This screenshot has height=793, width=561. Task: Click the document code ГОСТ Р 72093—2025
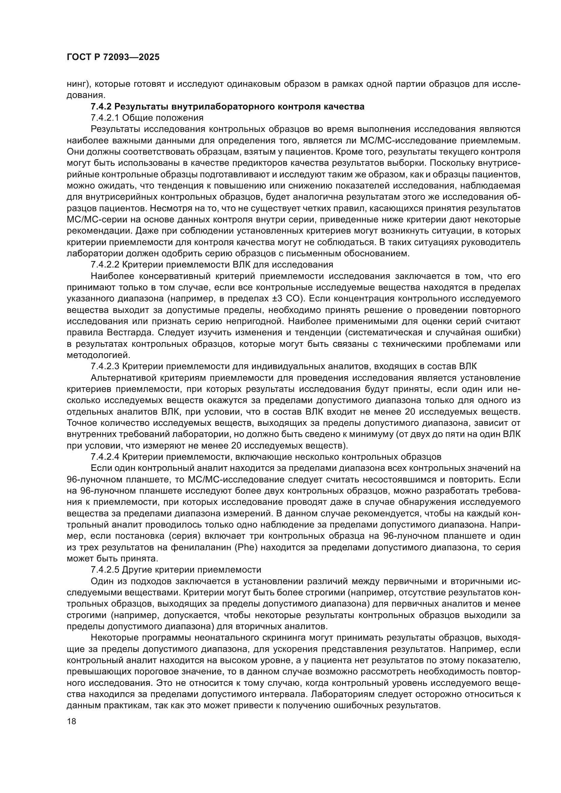pyautogui.click(x=113, y=57)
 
